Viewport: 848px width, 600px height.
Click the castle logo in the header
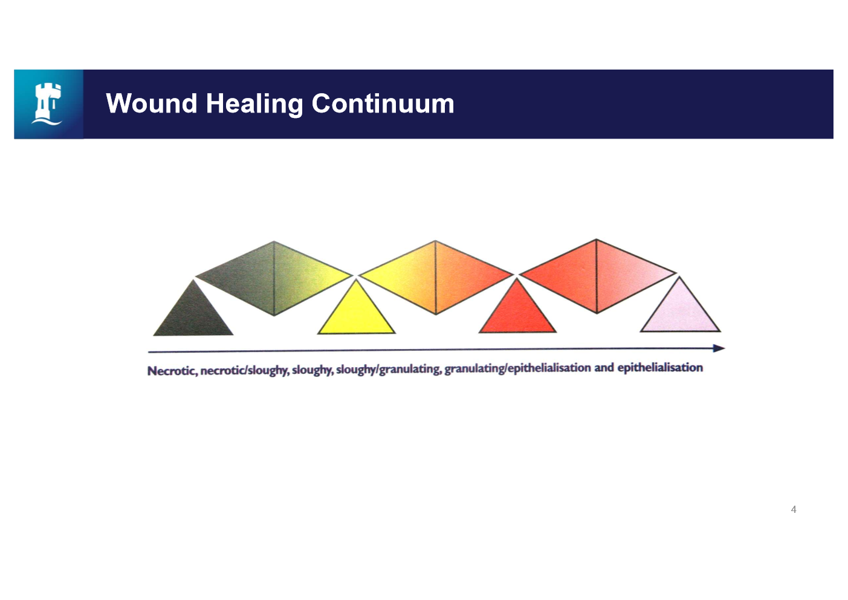(48, 103)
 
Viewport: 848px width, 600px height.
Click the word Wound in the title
(152, 103)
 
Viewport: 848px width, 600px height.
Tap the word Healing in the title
(254, 104)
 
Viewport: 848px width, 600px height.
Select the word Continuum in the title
(383, 103)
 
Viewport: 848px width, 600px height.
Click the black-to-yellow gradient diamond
(274, 278)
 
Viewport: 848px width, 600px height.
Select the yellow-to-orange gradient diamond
(436, 277)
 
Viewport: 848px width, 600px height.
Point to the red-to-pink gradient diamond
(597, 276)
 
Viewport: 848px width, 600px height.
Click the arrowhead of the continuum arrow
(719, 348)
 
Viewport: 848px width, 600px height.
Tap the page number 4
(794, 509)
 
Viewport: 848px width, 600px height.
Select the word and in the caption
(604, 368)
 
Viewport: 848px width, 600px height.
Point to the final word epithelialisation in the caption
(660, 368)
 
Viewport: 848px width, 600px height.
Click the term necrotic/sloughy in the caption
(244, 370)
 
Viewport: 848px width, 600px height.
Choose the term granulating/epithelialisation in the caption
(518, 368)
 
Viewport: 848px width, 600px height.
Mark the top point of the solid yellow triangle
(357, 280)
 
